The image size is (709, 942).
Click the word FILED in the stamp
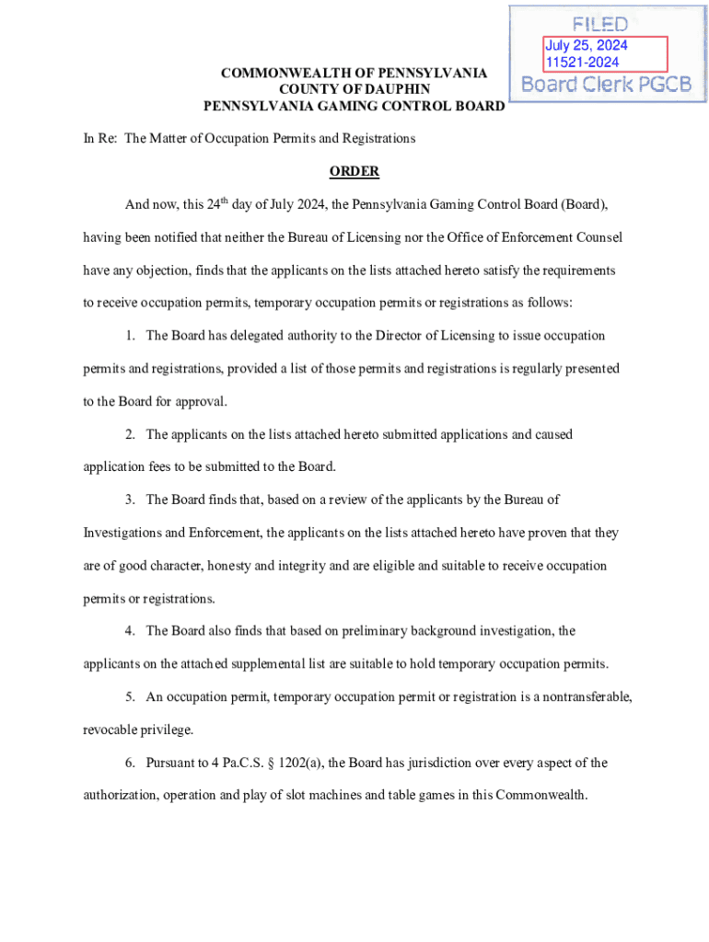599,24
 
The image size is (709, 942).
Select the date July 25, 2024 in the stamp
586,46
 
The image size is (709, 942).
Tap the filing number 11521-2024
582,63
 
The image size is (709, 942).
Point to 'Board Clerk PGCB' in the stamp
606,85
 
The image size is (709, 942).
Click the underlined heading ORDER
354,172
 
